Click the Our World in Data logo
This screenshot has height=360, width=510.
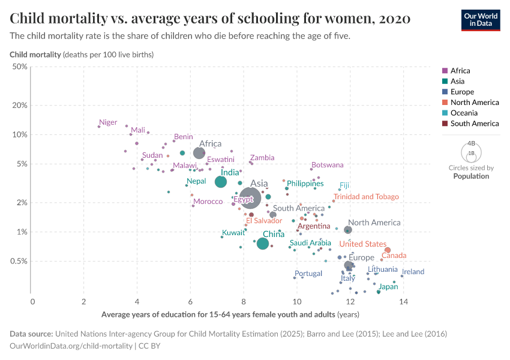coord(481,20)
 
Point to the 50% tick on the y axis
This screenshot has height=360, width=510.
coord(20,66)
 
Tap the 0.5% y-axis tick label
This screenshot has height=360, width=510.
coord(18,261)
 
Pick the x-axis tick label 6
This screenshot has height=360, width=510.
coord(191,301)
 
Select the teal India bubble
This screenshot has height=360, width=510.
coord(221,182)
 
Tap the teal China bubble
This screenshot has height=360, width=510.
coord(263,244)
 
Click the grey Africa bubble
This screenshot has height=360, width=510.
coord(199,153)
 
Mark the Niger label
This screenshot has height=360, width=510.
coord(108,122)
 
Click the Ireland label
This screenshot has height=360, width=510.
coord(413,272)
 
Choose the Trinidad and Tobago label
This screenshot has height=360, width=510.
coord(366,197)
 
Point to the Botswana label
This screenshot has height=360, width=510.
coord(327,165)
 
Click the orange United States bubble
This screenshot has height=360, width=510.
coord(388,250)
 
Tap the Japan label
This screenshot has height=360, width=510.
coord(388,287)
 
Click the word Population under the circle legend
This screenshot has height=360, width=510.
coord(471,176)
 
